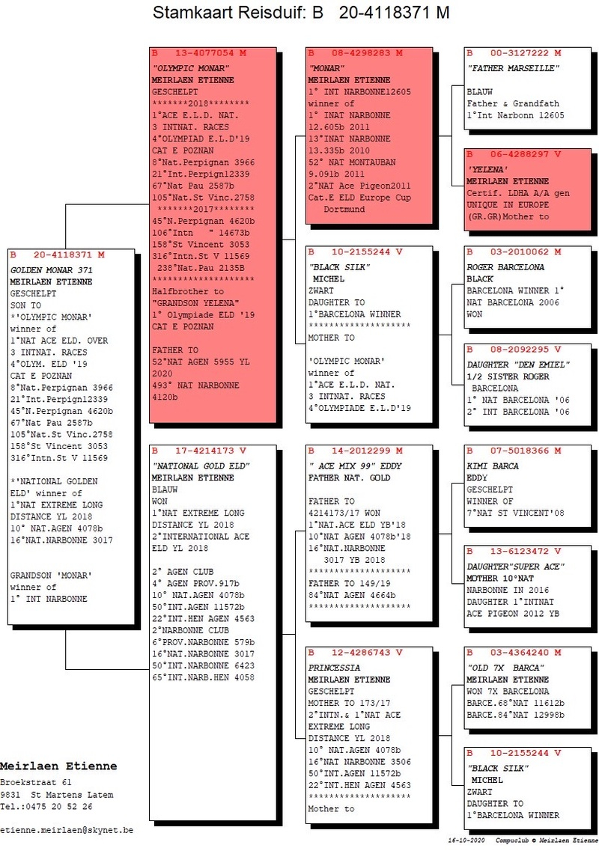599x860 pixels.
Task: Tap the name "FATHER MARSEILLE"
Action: click(514, 68)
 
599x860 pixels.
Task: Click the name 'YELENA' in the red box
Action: click(487, 169)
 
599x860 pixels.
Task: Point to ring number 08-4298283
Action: click(361, 53)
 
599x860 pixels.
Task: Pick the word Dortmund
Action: click(344, 209)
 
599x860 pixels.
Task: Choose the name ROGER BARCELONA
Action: click(505, 267)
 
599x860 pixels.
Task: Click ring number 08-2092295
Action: click(520, 350)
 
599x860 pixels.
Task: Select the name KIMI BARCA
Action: click(493, 466)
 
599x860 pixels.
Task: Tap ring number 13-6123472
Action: click(520, 551)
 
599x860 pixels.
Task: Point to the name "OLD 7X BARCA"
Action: click(505, 668)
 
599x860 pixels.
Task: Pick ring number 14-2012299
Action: click(361, 451)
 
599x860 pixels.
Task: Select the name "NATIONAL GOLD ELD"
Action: click(201, 466)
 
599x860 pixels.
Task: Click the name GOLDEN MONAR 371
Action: click(52, 270)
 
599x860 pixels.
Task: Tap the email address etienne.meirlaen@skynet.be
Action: click(67, 830)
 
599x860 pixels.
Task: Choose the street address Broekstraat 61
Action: click(36, 782)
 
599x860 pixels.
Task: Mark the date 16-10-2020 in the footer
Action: click(466, 841)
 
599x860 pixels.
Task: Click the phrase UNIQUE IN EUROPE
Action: click(508, 204)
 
